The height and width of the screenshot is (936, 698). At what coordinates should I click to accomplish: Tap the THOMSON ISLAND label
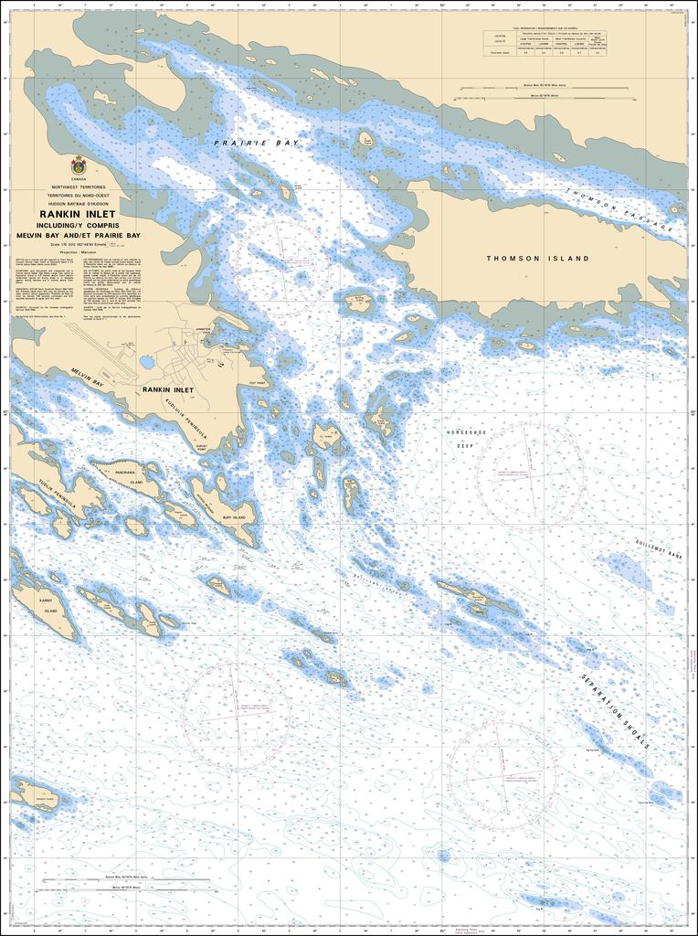pos(537,259)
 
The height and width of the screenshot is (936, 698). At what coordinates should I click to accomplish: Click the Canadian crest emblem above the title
pos(79,166)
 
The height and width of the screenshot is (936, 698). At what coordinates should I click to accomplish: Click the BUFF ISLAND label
pos(234,517)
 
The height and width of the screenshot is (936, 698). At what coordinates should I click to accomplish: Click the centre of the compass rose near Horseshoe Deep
pos(529,475)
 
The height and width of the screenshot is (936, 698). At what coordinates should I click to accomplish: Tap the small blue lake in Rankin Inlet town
pos(146,363)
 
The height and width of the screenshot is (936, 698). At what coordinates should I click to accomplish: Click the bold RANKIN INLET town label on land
pos(169,389)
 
